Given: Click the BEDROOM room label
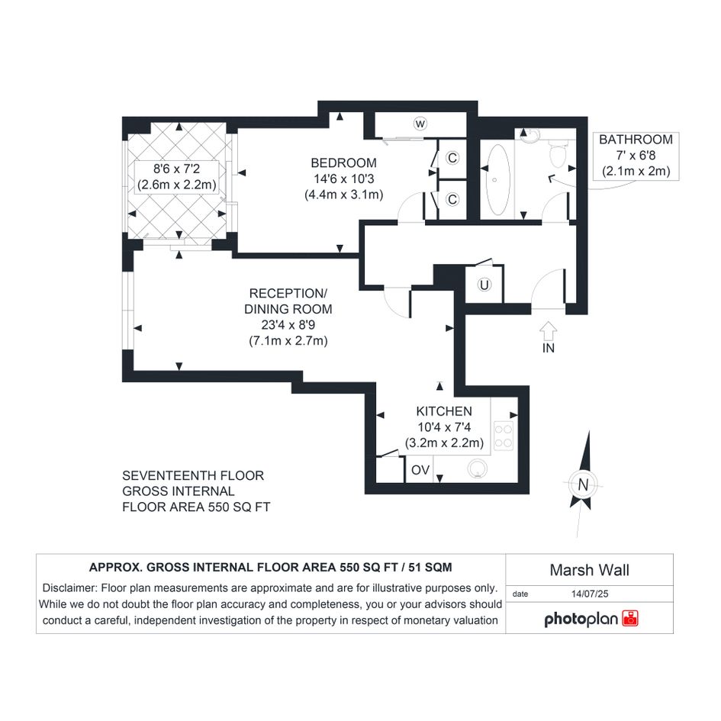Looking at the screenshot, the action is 343,163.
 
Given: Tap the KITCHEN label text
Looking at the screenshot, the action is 444,411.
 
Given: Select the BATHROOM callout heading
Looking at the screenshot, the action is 636,140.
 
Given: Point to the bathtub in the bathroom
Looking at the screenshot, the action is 497,180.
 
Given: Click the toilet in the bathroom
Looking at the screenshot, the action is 558,153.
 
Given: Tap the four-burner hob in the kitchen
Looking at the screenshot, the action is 504,436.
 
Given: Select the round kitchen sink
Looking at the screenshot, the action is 478,468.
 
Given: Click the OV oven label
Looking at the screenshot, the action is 420,470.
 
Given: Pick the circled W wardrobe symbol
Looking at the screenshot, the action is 420,124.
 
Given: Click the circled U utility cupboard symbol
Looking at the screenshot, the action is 484,285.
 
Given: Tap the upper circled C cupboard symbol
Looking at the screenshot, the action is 452,158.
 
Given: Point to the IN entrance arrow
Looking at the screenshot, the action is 548,331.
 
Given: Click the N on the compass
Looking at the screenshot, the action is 583,484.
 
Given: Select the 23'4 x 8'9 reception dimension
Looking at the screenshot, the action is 288,325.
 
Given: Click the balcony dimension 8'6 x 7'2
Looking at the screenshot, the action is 176,169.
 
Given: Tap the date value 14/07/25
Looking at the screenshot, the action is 590,594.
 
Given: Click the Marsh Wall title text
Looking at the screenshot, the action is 590,570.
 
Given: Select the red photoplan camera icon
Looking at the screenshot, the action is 630,619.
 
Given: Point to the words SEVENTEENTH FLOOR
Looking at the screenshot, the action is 193,475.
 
